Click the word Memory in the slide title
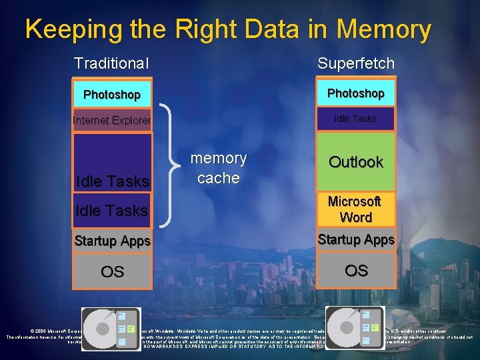point(384,29)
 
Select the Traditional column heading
point(111,63)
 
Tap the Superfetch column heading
point(356,63)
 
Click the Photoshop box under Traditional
point(112,94)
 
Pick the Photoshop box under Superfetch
point(355,93)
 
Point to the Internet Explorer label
point(112,121)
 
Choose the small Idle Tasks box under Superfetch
point(355,119)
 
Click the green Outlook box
point(355,161)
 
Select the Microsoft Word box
point(355,209)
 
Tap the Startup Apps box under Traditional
point(112,241)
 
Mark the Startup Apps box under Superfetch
point(355,239)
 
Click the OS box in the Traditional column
point(112,271)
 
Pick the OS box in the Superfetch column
point(355,270)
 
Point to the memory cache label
point(218,168)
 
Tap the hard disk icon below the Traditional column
point(111,329)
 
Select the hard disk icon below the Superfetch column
point(355,329)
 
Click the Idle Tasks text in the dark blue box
point(112,181)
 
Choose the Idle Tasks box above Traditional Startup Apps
point(112,210)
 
